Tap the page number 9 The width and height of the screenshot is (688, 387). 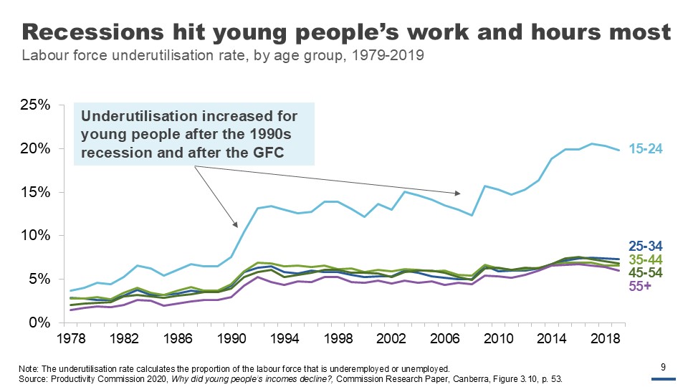pos(663,368)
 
